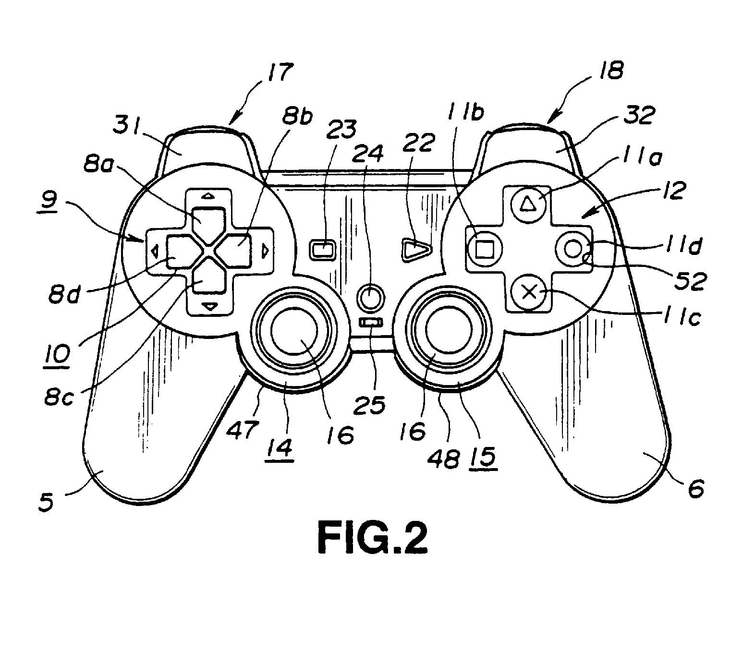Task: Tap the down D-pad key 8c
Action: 209,277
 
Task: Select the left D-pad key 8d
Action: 179,250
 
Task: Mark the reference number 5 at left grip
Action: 46,504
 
